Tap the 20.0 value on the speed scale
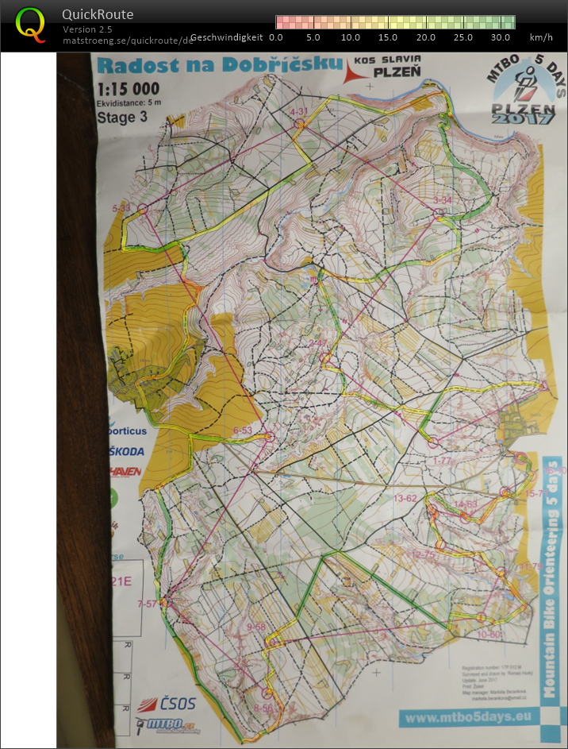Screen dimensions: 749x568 pos(425,37)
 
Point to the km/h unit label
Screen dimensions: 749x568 pos(541,37)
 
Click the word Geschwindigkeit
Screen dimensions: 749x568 pos(226,37)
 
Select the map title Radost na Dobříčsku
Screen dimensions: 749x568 pos(219,64)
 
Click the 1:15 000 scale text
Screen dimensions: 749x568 pos(128,89)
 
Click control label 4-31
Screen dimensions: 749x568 pos(299,112)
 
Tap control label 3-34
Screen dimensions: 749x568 pos(442,199)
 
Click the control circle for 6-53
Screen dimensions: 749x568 pos(269,437)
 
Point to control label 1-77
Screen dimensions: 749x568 pos(441,460)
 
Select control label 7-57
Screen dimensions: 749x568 pos(148,604)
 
